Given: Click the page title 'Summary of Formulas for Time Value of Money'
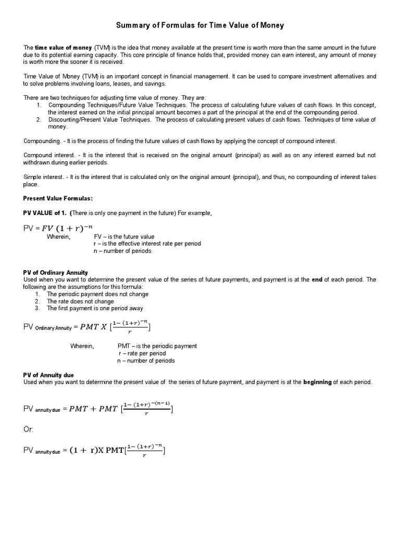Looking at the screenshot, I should [199, 25].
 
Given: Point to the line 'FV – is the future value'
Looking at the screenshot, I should [124, 237].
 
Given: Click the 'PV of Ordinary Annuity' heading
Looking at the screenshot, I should [56, 273].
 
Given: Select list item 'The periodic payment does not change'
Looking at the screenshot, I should [97, 294].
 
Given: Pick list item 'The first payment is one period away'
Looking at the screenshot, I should [95, 308].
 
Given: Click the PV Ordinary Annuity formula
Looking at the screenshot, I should [87, 327].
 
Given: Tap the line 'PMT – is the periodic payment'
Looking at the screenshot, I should [157, 346].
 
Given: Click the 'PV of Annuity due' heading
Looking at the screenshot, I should [49, 375].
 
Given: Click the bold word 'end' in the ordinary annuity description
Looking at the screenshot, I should [317, 280].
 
